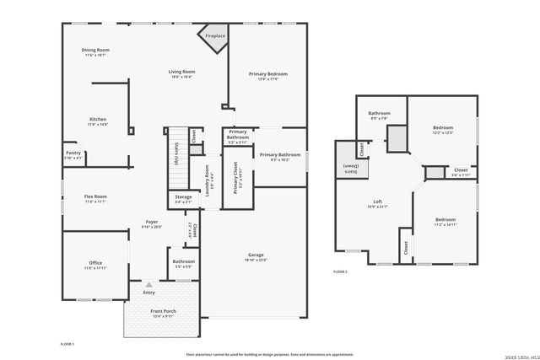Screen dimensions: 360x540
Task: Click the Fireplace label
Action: (x=215, y=36)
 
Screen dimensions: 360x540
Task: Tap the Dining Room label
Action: (x=95, y=51)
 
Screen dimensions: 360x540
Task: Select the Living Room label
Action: (x=182, y=73)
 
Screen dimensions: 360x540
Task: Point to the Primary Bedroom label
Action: (x=269, y=75)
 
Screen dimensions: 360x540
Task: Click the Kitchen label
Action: (x=98, y=120)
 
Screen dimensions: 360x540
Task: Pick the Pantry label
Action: (x=73, y=153)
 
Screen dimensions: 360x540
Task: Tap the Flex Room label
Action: (x=94, y=197)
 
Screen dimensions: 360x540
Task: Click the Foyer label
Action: (x=152, y=223)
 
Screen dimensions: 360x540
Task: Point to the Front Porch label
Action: (x=163, y=312)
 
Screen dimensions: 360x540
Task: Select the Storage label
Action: (x=183, y=197)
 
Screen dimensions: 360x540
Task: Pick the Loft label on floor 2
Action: (x=379, y=202)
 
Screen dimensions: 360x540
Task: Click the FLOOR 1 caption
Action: (x=67, y=344)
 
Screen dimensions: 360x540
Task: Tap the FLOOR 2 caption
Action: (x=340, y=271)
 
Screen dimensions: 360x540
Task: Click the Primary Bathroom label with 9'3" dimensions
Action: (x=280, y=155)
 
